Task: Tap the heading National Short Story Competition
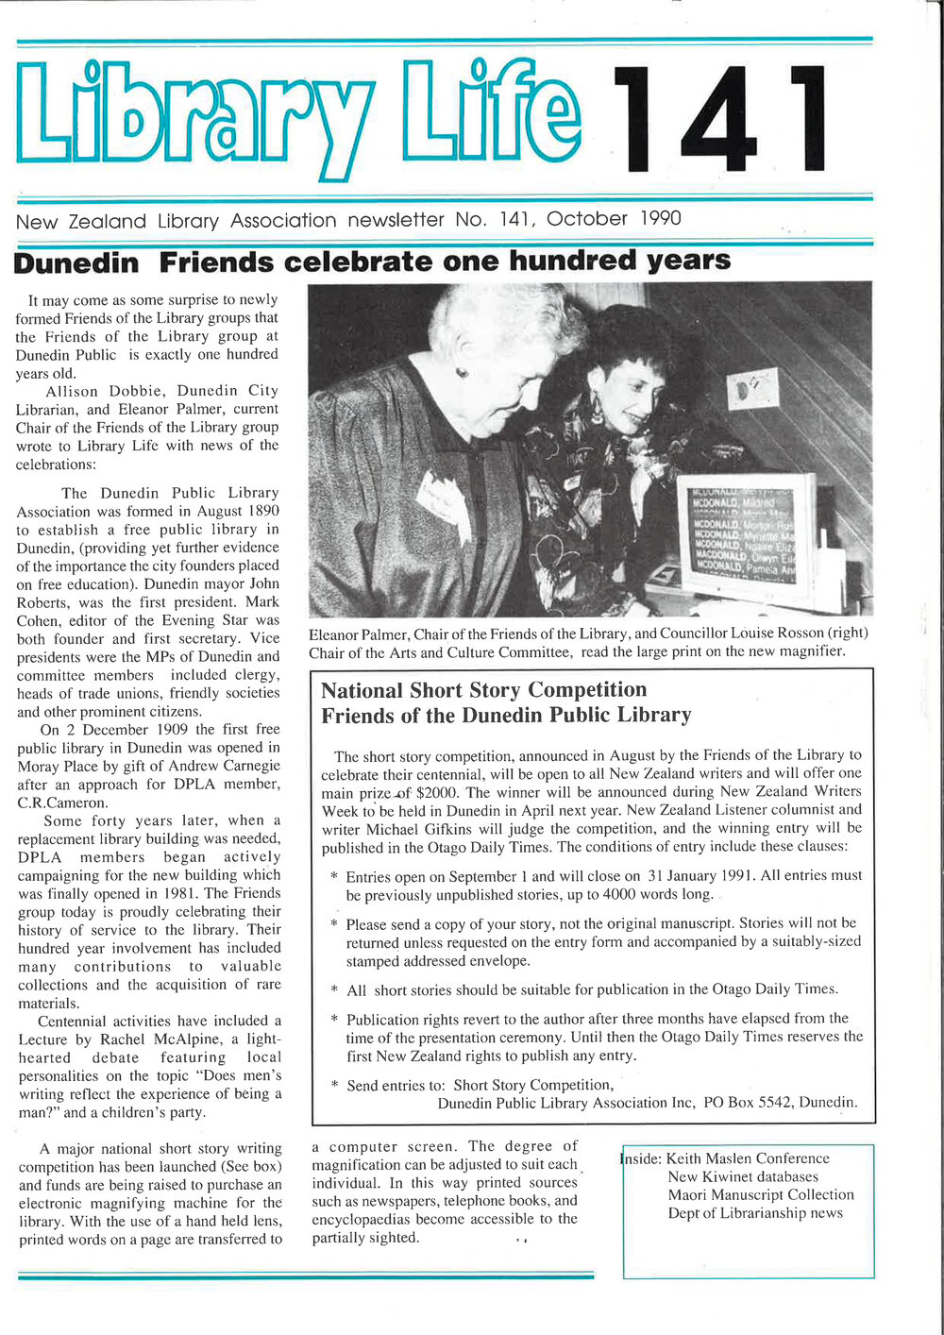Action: pos(483,690)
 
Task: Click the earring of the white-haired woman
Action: pos(462,372)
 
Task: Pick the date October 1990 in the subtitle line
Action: pos(614,219)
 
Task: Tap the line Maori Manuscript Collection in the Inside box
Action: pos(760,1194)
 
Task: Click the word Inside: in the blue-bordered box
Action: pos(641,1158)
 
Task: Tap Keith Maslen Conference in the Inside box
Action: pos(748,1158)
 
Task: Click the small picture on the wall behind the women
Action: pos(752,389)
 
